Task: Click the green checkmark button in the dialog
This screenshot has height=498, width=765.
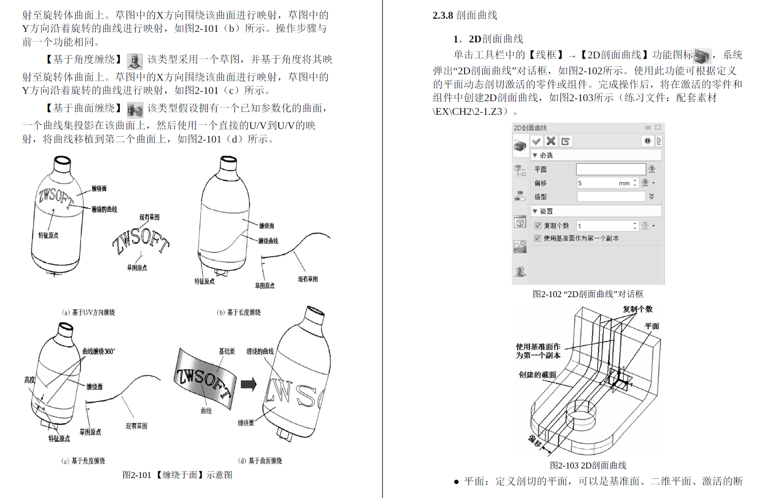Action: (x=536, y=141)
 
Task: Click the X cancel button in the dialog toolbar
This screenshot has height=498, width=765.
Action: (x=551, y=141)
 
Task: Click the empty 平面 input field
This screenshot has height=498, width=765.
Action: (x=611, y=169)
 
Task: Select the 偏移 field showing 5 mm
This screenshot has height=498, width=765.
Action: (x=605, y=183)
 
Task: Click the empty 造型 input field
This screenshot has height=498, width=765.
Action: (x=611, y=196)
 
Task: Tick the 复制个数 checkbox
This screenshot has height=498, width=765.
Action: (x=538, y=226)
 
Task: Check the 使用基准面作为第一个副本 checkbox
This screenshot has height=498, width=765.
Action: (x=538, y=238)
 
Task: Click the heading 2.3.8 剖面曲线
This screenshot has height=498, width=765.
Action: (x=464, y=15)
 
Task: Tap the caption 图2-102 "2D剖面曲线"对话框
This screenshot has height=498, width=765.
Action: (x=588, y=294)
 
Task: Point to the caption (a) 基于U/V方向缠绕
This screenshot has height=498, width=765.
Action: (x=88, y=312)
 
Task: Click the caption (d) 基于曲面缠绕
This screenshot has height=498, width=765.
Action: (x=260, y=461)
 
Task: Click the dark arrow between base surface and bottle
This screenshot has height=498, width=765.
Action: (x=248, y=384)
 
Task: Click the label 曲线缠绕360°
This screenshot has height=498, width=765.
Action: (x=98, y=351)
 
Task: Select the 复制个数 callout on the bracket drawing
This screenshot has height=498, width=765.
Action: (x=637, y=309)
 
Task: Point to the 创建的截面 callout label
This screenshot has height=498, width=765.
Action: (x=537, y=375)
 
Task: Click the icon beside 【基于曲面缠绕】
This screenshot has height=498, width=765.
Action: (x=135, y=109)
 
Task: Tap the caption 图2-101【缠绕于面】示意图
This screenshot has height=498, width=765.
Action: (x=177, y=475)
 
